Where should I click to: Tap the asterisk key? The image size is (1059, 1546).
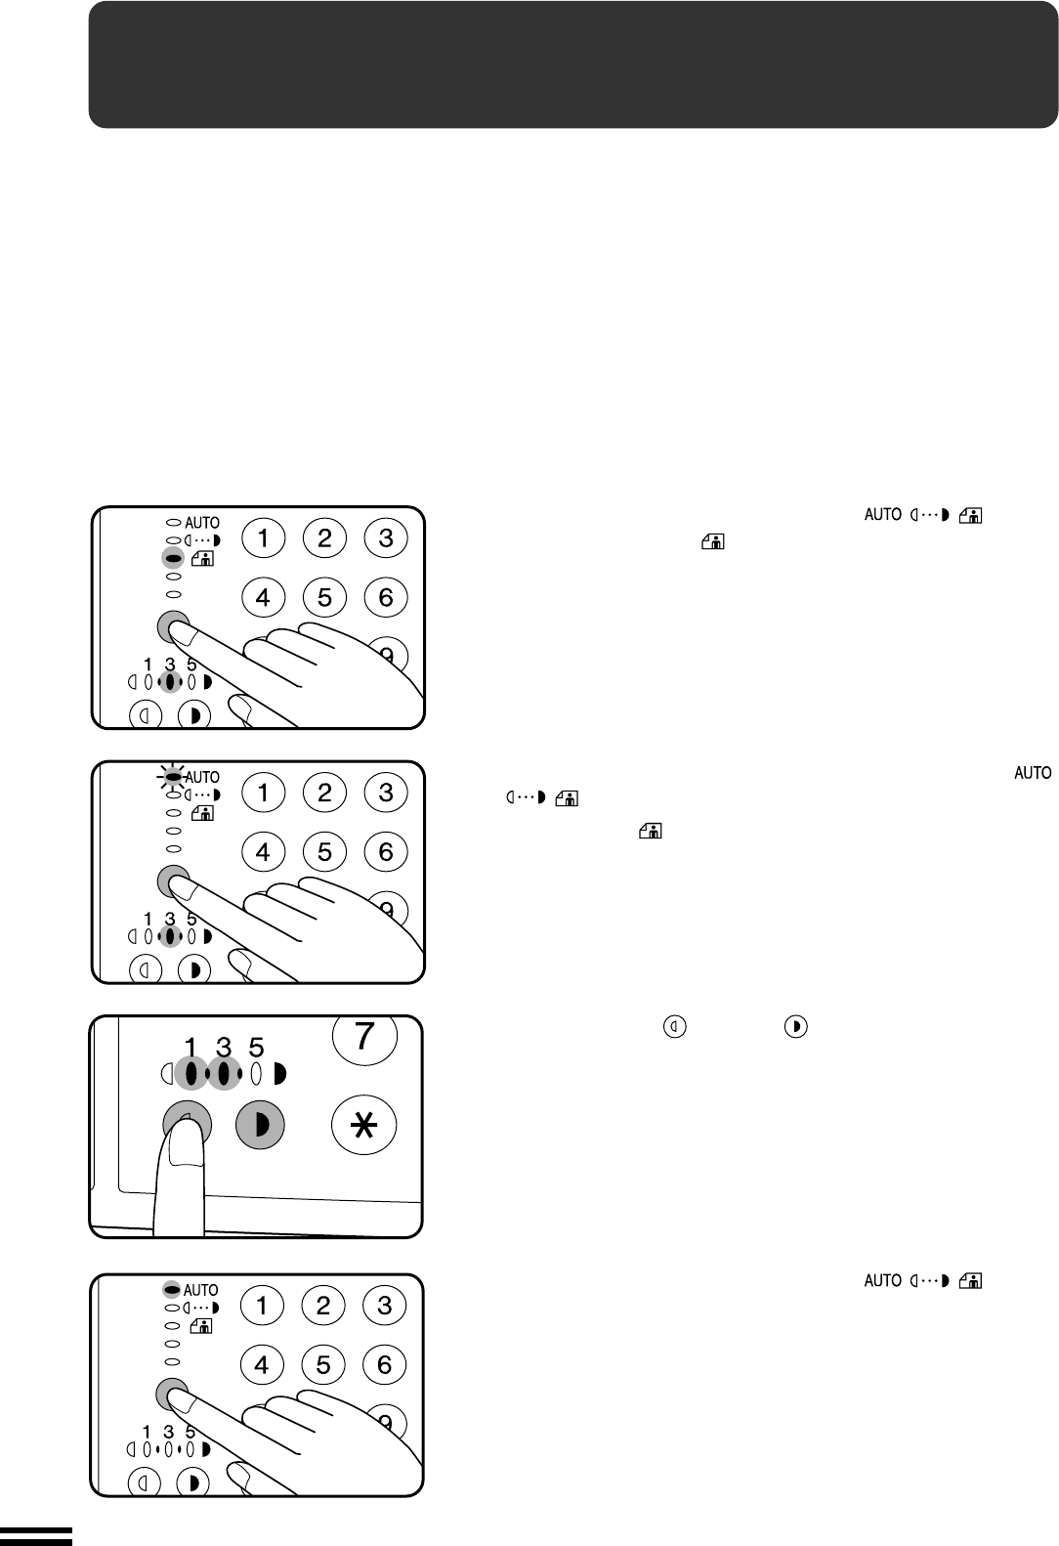coord(364,1126)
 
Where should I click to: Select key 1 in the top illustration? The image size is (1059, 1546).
coord(264,537)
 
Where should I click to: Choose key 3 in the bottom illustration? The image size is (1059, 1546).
coord(384,1306)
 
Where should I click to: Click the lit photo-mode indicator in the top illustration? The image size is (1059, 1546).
coord(174,559)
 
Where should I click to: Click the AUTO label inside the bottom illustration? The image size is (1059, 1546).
coord(201,1290)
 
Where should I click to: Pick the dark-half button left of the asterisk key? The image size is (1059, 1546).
coord(260,1126)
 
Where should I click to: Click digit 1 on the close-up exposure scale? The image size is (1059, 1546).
coord(191,1048)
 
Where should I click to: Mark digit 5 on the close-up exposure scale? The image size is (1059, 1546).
coord(256,1048)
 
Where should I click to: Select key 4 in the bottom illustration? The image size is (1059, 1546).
coord(262,1365)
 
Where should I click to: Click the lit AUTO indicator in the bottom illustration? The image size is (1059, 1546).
coord(173,1290)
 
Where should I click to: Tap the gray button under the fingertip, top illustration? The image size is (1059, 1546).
coord(173,625)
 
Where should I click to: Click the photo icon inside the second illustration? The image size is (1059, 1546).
coord(202,813)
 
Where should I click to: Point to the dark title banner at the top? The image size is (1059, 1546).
coord(573,64)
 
